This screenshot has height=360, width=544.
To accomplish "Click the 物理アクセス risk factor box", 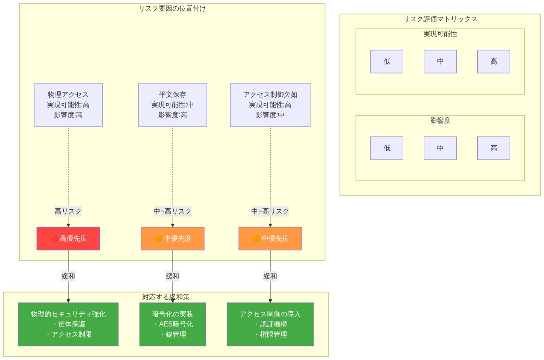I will (68, 105).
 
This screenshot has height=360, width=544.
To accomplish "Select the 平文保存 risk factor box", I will (172, 105).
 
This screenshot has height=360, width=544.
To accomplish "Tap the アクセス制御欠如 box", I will (270, 105).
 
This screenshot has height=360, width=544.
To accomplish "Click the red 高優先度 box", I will (68, 239).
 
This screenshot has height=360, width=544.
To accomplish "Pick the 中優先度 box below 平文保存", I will (172, 239).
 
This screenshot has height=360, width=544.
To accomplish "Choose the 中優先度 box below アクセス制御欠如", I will (270, 239).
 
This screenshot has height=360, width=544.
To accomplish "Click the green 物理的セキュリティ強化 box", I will (68, 324).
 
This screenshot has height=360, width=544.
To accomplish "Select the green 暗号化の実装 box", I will (172, 324).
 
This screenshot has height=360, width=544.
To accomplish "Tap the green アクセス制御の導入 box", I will (270, 324).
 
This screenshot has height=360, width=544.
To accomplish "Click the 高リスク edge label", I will (68, 211).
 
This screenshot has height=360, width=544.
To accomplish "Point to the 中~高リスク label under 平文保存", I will (172, 211).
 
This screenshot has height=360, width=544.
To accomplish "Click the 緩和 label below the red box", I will (68, 276).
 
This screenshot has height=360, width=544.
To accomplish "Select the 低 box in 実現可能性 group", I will (387, 62).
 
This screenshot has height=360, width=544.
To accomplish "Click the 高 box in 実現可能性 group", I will (494, 62).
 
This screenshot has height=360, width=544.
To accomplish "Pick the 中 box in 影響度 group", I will (440, 148).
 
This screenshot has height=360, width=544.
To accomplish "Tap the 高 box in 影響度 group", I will (494, 148).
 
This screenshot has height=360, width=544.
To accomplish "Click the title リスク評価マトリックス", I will (440, 19).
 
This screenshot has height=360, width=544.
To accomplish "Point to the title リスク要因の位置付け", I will (172, 8).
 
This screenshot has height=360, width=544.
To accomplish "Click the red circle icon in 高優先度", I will (54, 239).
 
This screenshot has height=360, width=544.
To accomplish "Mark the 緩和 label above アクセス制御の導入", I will (270, 276).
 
